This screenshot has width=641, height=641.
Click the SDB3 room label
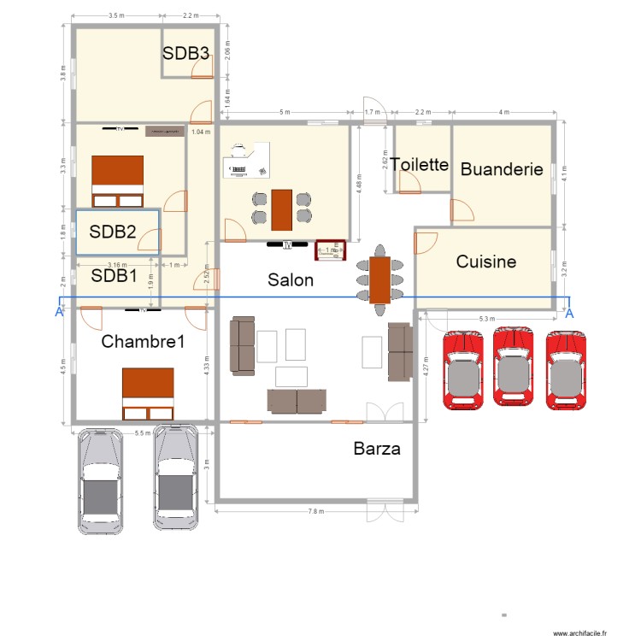pyautogui.click(x=186, y=53)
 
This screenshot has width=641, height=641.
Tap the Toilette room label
pyautogui.click(x=420, y=164)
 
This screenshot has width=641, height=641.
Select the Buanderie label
pyautogui.click(x=502, y=169)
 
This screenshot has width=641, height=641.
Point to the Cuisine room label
pyautogui.click(x=485, y=262)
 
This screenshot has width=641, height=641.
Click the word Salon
pyautogui.click(x=291, y=279)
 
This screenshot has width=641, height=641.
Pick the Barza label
pyautogui.click(x=376, y=448)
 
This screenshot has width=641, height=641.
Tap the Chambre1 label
pyautogui.click(x=143, y=342)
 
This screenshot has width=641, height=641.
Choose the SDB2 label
pyautogui.click(x=114, y=231)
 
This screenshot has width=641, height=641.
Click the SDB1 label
pyautogui.click(x=115, y=275)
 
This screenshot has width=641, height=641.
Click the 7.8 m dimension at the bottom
pyautogui.click(x=316, y=511)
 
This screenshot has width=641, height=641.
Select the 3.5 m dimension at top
pyautogui.click(x=117, y=16)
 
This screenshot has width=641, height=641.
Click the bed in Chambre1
pyautogui.click(x=148, y=394)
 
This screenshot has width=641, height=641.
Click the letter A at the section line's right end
pyautogui.click(x=569, y=313)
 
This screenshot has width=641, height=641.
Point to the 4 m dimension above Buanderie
pyautogui.click(x=504, y=113)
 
